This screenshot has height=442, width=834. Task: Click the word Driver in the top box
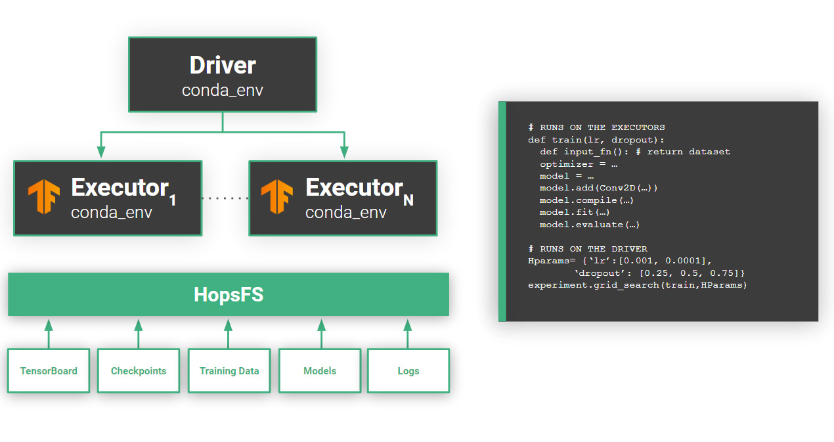pyautogui.click(x=223, y=65)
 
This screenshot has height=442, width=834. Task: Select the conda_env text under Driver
pyautogui.click(x=223, y=90)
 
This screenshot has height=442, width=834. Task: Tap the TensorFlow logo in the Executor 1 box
pyautogui.click(x=44, y=196)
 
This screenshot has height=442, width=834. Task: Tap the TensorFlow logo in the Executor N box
pyautogui.click(x=277, y=196)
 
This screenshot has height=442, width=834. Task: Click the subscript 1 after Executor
pyautogui.click(x=173, y=200)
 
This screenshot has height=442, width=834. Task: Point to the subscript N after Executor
pyautogui.click(x=408, y=200)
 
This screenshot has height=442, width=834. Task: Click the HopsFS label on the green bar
pyautogui.click(x=229, y=295)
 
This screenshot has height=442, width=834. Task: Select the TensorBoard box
pyautogui.click(x=49, y=371)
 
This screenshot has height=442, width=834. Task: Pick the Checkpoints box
pyautogui.click(x=139, y=371)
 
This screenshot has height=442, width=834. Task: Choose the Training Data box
pyautogui.click(x=229, y=371)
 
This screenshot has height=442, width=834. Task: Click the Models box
pyautogui.click(x=320, y=371)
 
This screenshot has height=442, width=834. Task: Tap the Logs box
pyautogui.click(x=408, y=371)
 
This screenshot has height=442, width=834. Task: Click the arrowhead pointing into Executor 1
pyautogui.click(x=101, y=152)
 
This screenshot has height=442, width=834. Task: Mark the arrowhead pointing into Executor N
pyautogui.click(x=344, y=152)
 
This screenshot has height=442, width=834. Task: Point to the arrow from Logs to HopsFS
pyautogui.click(x=407, y=333)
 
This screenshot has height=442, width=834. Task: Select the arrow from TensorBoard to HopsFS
pyautogui.click(x=48, y=333)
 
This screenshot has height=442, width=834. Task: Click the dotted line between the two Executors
pyautogui.click(x=225, y=198)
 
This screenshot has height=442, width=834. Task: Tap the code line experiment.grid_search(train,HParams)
pyautogui.click(x=637, y=285)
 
